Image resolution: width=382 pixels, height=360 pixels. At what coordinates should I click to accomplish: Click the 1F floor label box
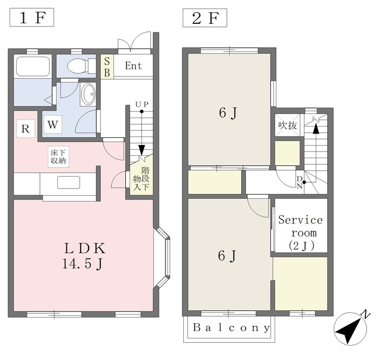tap(32, 17)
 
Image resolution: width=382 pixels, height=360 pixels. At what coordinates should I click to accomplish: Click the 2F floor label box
tap(205, 18)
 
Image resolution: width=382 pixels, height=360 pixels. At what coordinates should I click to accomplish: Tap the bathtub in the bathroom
tap(33, 66)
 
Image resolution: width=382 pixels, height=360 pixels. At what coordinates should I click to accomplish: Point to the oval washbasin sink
tap(88, 94)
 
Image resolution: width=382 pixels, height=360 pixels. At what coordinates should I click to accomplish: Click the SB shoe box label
tap(107, 66)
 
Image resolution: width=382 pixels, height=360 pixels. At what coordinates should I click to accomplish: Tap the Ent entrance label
tap(133, 66)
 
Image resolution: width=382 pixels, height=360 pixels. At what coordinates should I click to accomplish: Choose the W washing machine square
tap(53, 125)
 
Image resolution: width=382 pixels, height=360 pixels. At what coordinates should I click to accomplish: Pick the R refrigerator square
tap(26, 129)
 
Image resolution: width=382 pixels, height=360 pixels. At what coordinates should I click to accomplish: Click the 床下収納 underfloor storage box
tap(58, 157)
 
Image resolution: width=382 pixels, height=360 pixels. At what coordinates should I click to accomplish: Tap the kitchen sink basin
tap(69, 183)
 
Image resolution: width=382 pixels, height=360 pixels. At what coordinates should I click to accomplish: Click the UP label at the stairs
tap(142, 104)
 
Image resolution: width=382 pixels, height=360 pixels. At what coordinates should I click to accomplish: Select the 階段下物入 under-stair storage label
tap(141, 179)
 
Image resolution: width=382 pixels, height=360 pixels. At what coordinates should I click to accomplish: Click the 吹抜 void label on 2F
tap(288, 125)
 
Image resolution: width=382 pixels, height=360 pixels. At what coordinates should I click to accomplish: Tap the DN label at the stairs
tap(300, 183)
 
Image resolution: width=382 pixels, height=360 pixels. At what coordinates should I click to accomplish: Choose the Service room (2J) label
tap(301, 232)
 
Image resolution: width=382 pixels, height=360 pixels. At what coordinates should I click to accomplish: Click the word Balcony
tap(232, 328)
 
